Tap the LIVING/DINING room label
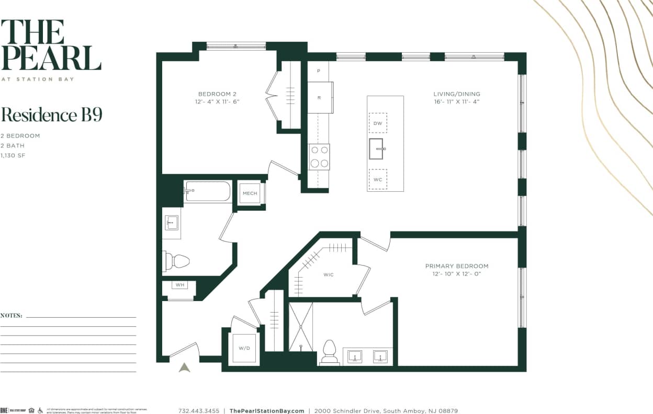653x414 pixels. click(456, 94)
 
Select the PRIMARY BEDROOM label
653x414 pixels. click(456, 266)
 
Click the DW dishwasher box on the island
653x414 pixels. click(378, 123)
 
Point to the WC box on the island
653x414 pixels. click(378, 179)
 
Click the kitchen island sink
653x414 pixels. click(377, 149)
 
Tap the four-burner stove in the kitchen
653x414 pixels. click(319, 157)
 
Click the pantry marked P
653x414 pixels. click(318, 71)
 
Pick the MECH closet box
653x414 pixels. click(250, 193)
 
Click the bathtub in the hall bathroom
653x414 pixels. click(208, 192)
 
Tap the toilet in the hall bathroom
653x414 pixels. click(176, 260)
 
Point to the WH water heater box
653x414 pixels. click(179, 285)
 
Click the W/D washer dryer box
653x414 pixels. click(244, 348)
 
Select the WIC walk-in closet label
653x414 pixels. click(328, 275)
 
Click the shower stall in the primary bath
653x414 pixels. click(301, 327)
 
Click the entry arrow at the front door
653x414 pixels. click(184, 367)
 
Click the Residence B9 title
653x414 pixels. click(51, 115)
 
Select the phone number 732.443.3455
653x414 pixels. click(199, 411)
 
